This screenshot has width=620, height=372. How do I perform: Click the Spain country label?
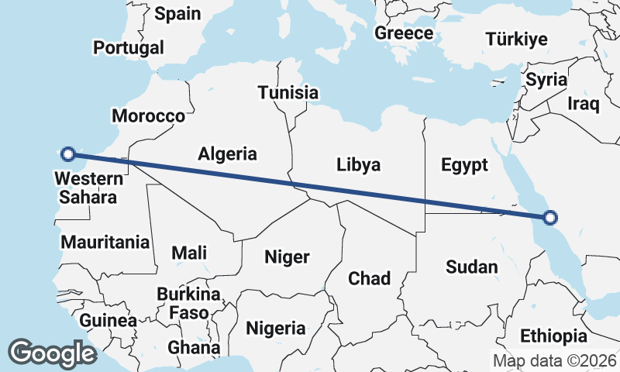(177, 13)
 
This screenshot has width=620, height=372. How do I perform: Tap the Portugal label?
(129, 47)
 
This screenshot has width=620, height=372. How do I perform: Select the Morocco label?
(148, 116)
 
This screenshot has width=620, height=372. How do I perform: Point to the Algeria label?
(227, 153)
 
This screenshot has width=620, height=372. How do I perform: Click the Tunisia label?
(288, 92)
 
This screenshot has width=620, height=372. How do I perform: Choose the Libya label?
(359, 164)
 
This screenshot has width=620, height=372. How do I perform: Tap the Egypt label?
(464, 164)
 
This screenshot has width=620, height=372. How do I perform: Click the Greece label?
(404, 33)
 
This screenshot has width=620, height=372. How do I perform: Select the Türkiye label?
(516, 40)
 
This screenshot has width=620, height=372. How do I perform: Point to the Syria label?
(546, 80)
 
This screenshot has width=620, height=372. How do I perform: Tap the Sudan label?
(471, 267)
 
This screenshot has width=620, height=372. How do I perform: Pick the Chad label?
(369, 278)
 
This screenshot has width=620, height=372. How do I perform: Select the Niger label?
(287, 257)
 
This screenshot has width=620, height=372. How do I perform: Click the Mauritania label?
(105, 242)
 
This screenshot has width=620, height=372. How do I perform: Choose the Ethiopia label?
(553, 336)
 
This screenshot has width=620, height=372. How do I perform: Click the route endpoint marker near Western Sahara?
(68, 153)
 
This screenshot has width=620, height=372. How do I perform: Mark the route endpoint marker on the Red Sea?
(549, 217)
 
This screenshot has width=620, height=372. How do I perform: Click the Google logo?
(52, 353)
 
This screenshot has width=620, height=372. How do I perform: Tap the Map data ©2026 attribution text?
(555, 360)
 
